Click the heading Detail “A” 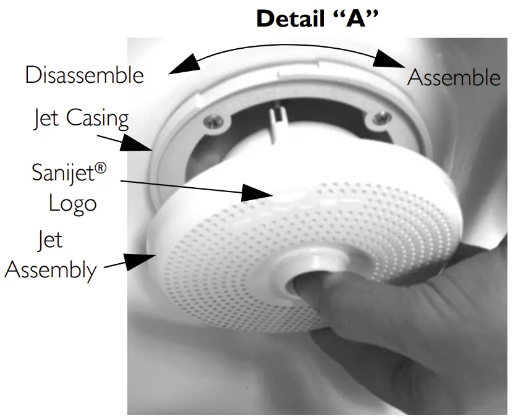(x=317, y=18)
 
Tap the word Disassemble (x=84, y=75)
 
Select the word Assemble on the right (x=454, y=78)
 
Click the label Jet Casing (x=80, y=117)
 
